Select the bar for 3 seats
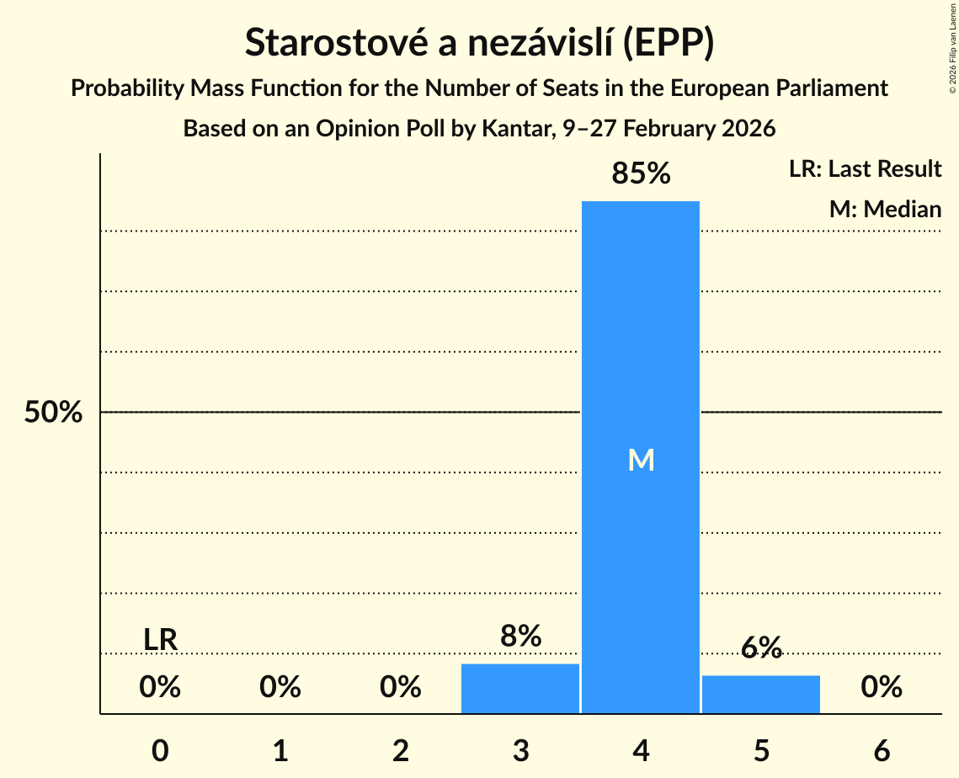520,689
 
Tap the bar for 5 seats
761,695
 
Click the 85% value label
641,174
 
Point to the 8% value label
520,637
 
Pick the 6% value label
761,647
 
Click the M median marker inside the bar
641,460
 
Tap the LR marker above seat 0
160,640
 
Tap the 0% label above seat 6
882,688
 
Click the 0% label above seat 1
280,688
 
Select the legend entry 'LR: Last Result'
865,169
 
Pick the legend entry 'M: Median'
885,209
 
